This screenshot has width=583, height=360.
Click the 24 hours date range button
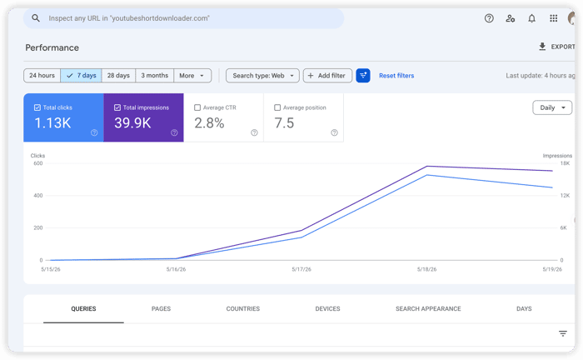point(42,76)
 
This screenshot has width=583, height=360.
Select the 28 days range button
point(118,76)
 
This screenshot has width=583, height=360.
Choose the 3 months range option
point(155,76)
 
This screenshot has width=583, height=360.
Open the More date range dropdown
point(192,76)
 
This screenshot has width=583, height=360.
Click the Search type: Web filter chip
point(262,76)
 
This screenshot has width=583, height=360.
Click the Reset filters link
point(396,76)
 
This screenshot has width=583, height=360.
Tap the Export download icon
point(542,47)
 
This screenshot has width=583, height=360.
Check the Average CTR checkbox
point(197,107)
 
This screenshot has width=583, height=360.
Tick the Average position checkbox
point(277,107)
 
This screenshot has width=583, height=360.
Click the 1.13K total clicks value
point(52,123)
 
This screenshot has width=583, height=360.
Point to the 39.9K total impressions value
point(132,123)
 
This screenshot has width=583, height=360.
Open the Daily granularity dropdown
point(552,107)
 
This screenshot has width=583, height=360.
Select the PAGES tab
point(161,308)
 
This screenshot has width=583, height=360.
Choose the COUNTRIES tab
point(243,308)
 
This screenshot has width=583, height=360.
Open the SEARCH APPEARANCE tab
point(428,308)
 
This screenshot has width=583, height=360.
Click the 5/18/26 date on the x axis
point(426,269)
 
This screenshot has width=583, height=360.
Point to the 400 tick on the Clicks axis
point(38,195)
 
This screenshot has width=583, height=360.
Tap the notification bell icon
point(531,18)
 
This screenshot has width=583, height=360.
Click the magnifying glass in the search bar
point(36,17)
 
